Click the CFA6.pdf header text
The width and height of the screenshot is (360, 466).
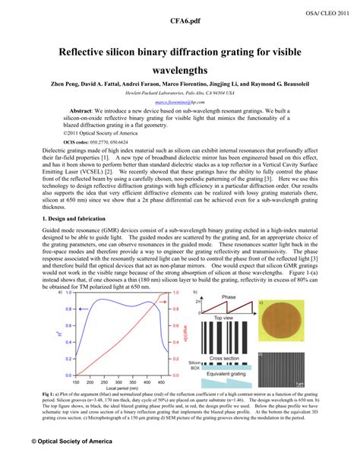click(x=179, y=23)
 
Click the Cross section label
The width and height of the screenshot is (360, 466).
click(x=228, y=357)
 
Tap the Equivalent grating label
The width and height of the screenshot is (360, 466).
click(x=229, y=374)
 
